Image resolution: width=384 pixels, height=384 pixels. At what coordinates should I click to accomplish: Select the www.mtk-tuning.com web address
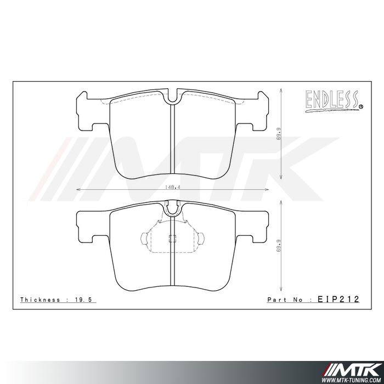(x=351, y=378)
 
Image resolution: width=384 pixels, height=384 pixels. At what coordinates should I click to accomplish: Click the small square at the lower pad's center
(x=172, y=238)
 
